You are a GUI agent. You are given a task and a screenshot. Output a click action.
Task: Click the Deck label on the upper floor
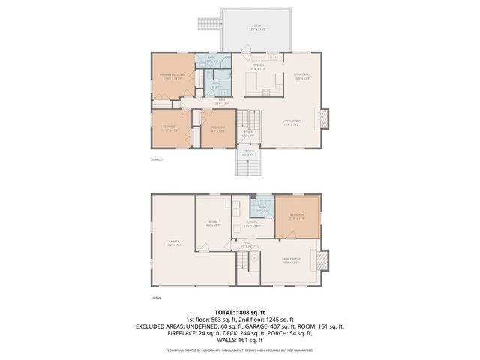(257, 27)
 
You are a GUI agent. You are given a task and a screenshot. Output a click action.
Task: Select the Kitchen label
(259, 67)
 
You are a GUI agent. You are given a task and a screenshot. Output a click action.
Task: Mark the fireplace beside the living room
(323, 118)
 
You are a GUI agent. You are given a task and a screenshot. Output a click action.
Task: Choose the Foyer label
(247, 134)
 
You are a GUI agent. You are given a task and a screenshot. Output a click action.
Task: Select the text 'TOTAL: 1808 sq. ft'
(239, 311)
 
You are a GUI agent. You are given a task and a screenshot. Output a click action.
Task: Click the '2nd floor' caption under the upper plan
(157, 160)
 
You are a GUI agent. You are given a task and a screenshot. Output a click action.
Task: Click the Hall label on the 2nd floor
(222, 100)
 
